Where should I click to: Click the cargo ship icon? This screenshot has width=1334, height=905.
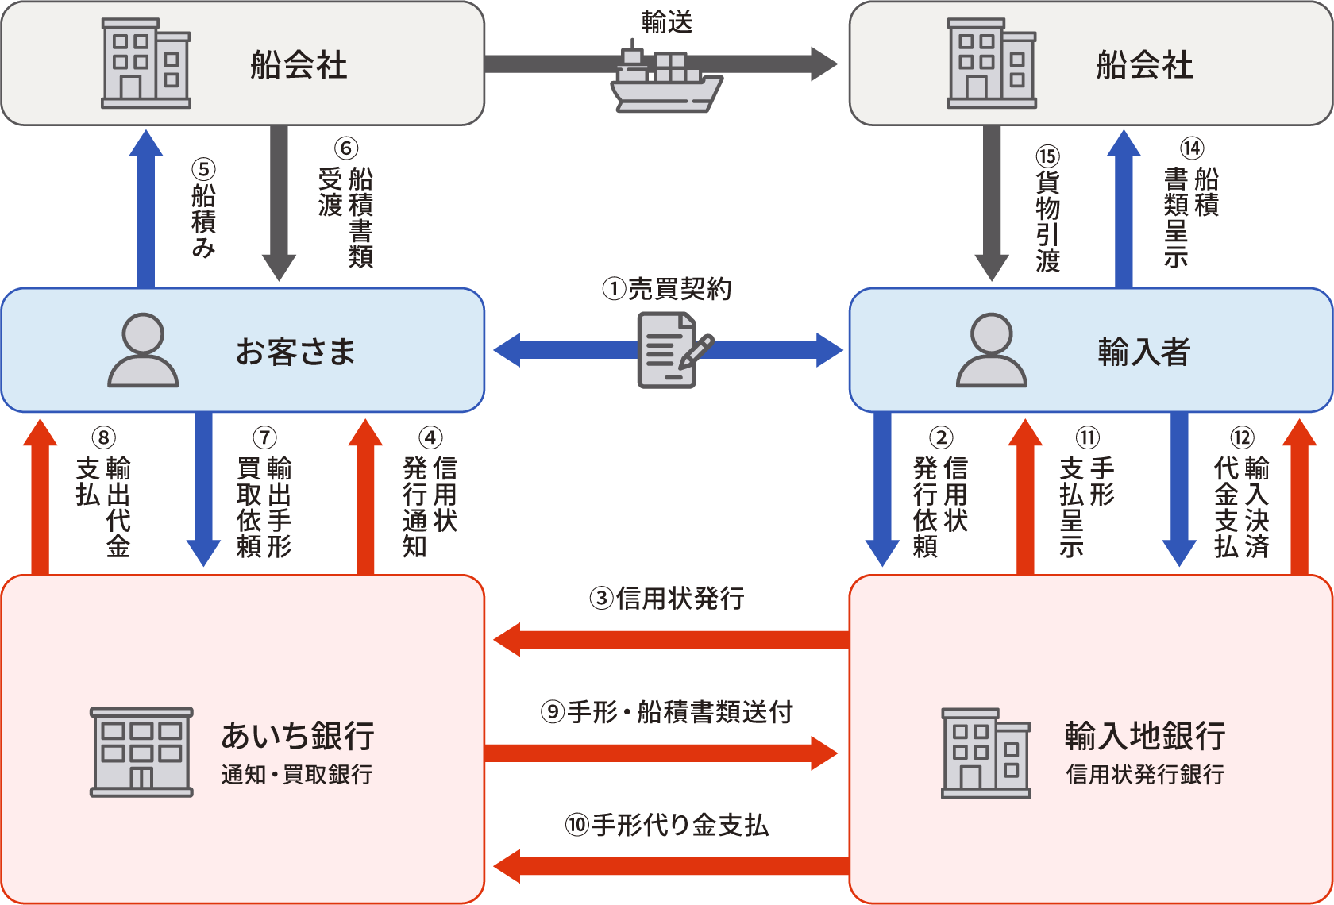665,80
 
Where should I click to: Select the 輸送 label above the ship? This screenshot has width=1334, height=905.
667,22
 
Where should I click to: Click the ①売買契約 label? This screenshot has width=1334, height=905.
667,289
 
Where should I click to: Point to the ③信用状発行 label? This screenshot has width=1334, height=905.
667,598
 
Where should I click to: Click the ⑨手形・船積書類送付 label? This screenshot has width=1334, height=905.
667,712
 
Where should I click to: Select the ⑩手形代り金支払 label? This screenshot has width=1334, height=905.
667,826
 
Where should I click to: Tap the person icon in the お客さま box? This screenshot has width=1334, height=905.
143,350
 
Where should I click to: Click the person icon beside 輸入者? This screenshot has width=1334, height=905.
991,350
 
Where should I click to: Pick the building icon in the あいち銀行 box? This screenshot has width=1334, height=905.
141,752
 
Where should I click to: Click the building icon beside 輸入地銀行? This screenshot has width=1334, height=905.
985,753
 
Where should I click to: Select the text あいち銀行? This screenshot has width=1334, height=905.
298,736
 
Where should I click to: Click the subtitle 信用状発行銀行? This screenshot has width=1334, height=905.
1144,774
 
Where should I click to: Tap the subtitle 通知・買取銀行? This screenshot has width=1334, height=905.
297,774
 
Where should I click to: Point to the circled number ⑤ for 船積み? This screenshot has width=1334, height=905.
203,169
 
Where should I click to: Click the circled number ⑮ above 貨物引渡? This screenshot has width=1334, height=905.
1048,156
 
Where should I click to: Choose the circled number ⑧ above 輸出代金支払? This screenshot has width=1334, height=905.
103,437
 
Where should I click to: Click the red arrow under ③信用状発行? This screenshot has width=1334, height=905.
671,640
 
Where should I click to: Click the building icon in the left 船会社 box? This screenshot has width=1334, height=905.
146,64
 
